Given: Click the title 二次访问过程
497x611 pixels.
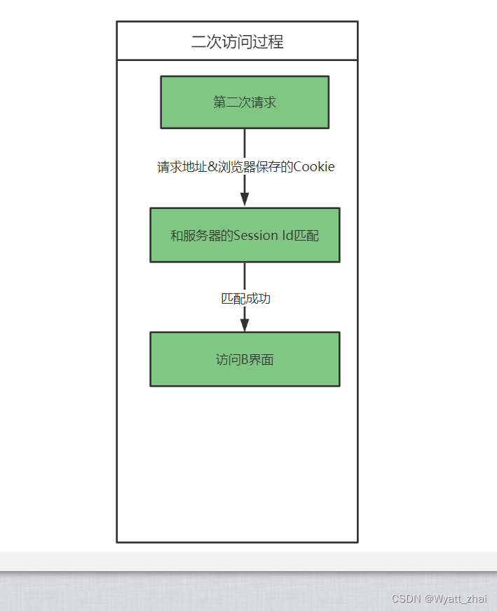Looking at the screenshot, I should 237,41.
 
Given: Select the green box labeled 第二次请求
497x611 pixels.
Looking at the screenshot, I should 245,102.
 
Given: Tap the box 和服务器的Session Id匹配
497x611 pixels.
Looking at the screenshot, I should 245,235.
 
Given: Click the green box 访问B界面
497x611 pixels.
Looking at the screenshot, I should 245,359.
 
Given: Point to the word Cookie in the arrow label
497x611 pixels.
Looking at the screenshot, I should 314,167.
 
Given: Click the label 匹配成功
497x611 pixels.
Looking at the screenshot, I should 245,298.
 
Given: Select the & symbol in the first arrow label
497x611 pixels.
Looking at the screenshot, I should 213,167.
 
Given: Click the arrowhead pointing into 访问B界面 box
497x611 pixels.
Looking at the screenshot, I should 245,323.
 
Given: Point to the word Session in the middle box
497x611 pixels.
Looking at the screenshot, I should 256,236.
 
